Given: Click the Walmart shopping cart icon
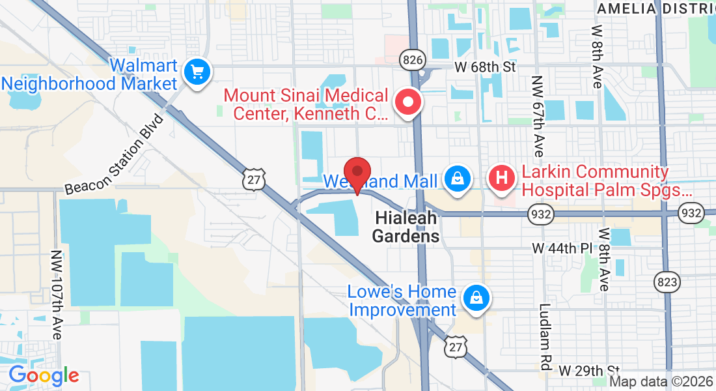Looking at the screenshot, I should point(197,72).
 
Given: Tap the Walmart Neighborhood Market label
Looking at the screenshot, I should point(89,75).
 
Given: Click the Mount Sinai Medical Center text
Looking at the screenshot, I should point(306,105).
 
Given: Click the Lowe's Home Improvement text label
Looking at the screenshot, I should point(402,300).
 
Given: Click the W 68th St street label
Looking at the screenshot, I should point(484,66).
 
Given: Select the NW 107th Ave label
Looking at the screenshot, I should point(57,295).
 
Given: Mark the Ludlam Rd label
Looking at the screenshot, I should point(545,334).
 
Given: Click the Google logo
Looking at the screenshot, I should point(44,375).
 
